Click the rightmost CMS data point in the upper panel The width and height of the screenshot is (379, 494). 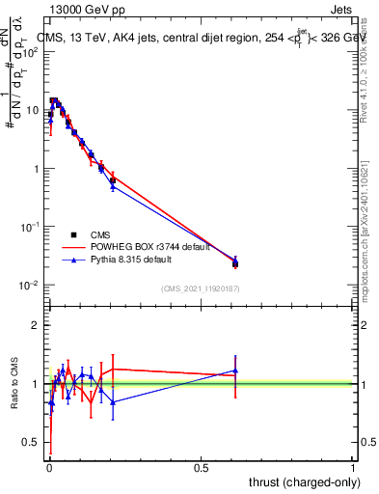point(235,263)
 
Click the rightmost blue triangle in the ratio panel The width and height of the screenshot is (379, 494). point(235,370)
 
